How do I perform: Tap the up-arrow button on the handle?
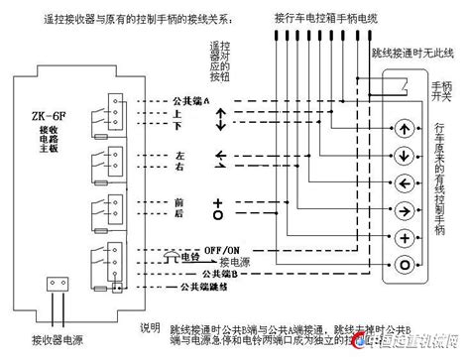(404, 129)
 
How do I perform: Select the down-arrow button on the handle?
(404, 156)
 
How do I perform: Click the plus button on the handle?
(404, 237)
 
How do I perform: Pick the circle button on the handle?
(404, 264)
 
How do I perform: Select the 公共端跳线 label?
(200, 288)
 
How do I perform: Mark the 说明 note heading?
(149, 327)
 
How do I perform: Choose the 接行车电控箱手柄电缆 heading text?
(327, 18)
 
